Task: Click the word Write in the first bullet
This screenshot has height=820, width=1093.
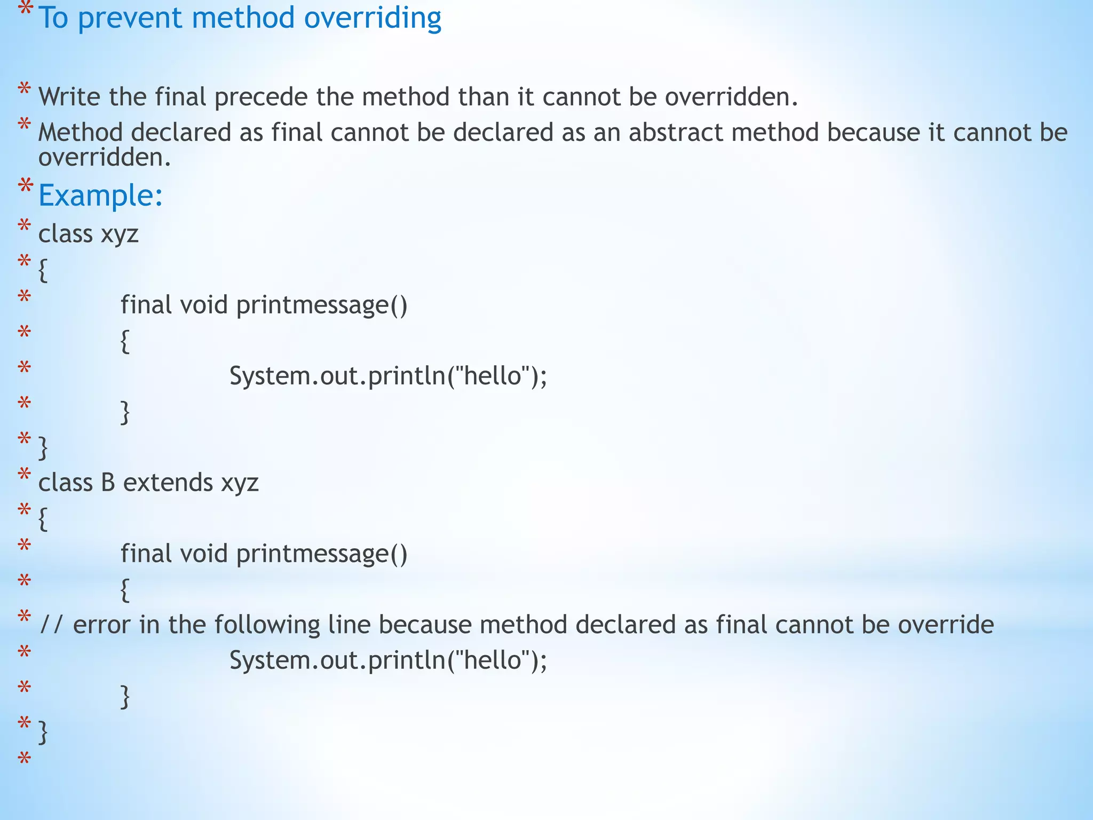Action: (69, 97)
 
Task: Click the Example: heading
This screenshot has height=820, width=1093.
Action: (100, 195)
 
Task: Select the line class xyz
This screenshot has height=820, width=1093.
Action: (89, 234)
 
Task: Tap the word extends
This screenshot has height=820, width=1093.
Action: (168, 483)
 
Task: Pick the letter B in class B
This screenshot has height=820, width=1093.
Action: (108, 483)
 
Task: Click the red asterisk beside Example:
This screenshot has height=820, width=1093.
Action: (25, 187)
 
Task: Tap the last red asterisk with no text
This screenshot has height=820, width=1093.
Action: (24, 759)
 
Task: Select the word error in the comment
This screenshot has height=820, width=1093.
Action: (101, 625)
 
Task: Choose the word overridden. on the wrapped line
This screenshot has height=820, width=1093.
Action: (105, 157)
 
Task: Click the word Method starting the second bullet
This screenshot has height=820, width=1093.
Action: (81, 132)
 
